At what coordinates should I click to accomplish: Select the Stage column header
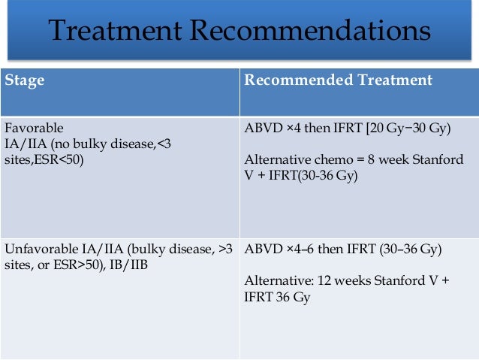click(x=25, y=80)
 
